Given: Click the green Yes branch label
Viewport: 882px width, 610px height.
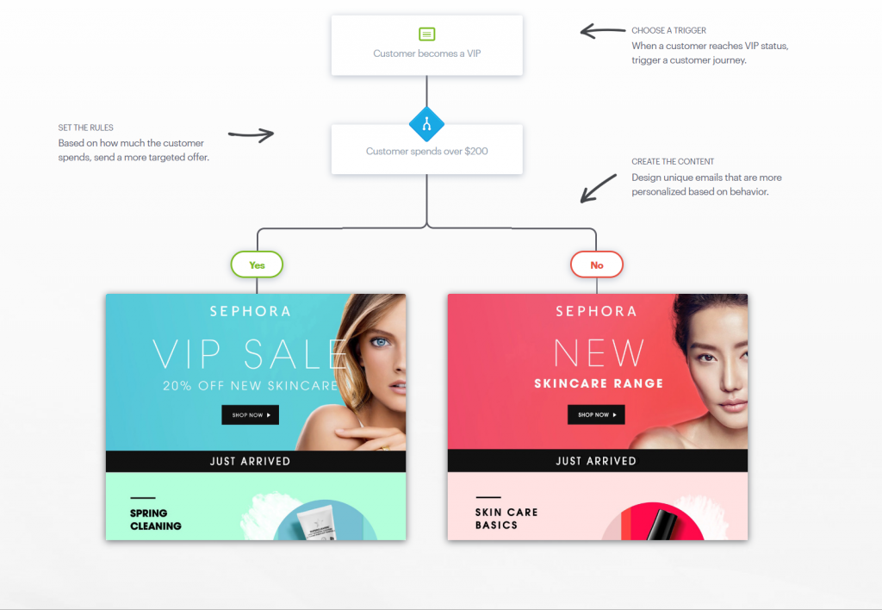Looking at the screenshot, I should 257,265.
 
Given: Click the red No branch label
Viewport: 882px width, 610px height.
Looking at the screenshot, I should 596,265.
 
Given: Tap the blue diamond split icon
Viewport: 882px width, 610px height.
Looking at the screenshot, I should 426,125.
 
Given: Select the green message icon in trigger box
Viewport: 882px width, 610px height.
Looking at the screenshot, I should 426,34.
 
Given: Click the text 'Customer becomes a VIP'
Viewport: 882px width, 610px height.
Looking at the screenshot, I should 426,53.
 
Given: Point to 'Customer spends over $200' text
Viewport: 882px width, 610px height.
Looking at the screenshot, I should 426,152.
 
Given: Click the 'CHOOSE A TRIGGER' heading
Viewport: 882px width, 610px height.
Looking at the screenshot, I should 668,31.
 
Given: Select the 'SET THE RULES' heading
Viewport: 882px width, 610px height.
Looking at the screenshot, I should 86,128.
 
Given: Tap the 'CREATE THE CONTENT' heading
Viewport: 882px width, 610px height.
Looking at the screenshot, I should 673,162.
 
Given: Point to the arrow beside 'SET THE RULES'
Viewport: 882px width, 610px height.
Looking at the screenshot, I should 251,134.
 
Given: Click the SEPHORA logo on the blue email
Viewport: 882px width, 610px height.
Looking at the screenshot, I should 250,311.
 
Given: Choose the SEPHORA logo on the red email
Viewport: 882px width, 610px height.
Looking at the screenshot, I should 596,311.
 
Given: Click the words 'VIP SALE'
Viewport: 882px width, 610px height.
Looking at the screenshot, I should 251,353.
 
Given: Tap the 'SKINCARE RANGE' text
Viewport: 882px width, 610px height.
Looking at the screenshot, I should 599,383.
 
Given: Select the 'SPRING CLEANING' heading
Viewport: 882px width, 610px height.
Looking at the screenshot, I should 156,520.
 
